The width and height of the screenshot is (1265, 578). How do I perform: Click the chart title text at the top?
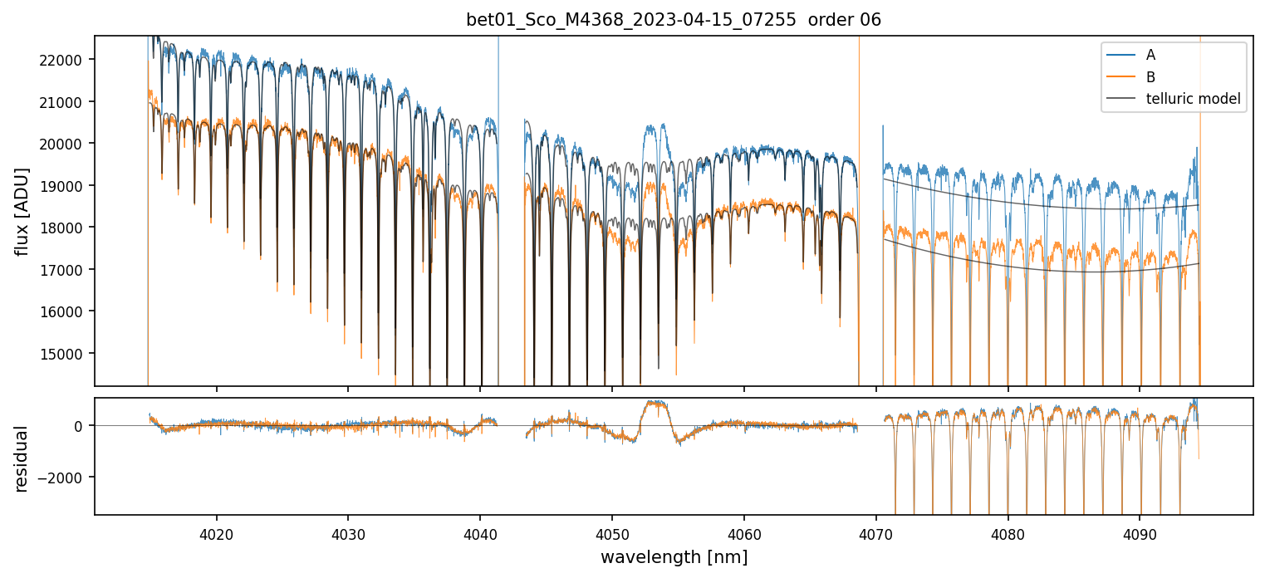[674, 20]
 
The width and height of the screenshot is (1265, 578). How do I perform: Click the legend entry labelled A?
[1150, 55]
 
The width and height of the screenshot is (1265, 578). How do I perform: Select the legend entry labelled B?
[1150, 77]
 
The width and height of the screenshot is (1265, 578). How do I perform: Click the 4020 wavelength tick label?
[216, 533]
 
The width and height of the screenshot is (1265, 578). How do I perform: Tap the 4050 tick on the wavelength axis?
[611, 533]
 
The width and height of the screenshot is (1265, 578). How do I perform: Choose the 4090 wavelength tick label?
[1139, 533]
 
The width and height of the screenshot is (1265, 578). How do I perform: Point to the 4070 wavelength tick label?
[875, 533]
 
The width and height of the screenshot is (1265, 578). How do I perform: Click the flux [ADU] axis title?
[22, 211]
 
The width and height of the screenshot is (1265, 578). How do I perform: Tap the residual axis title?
[22, 458]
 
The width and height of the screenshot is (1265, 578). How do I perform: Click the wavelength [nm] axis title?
[674, 557]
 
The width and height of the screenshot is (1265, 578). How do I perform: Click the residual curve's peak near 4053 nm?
[654, 403]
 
